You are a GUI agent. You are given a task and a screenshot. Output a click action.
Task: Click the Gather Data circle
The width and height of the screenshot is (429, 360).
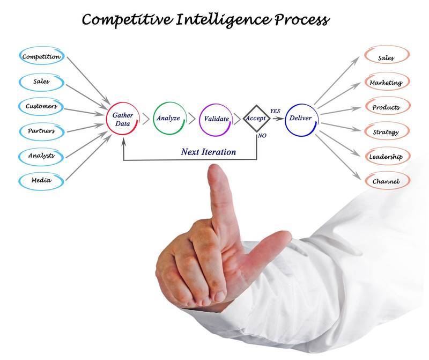[123, 119]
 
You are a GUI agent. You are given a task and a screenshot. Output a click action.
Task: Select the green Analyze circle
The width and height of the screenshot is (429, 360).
[168, 119]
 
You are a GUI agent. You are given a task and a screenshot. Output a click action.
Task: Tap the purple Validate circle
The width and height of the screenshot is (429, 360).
[215, 119]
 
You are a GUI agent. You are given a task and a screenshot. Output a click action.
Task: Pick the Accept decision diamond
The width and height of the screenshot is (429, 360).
[256, 118]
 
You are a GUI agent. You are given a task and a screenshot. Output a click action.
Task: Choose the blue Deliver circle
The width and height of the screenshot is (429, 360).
[300, 119]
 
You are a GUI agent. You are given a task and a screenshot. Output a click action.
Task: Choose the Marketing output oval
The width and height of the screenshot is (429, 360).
[386, 83]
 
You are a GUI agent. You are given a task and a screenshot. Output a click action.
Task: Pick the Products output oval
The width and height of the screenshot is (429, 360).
[386, 107]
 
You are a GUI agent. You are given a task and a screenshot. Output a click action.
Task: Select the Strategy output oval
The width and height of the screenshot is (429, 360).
[386, 131]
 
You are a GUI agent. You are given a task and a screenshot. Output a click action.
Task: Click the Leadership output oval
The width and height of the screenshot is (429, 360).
[386, 156]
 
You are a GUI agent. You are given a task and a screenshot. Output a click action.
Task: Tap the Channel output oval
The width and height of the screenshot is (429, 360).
[386, 181]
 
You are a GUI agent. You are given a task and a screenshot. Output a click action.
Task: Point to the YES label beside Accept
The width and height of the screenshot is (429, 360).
[275, 111]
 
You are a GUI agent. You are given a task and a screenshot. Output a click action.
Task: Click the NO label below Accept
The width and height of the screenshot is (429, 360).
[262, 136]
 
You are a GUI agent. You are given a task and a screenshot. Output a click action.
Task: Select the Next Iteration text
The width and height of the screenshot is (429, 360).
[208, 152]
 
